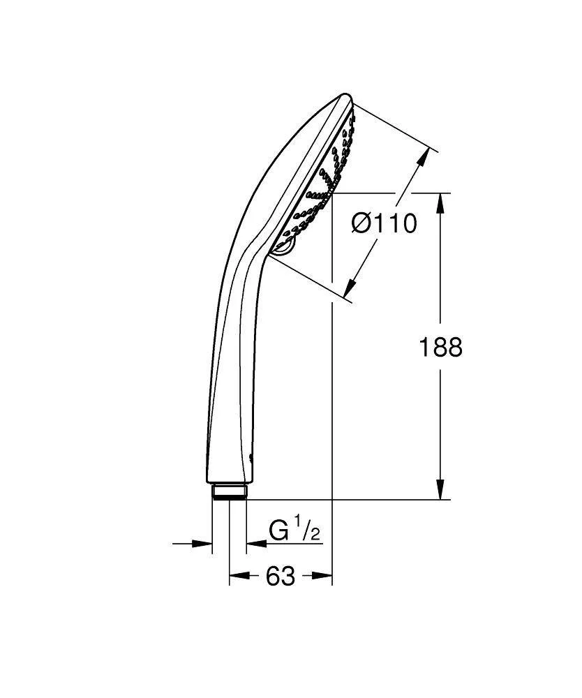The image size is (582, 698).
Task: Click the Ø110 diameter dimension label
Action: pos(384,223)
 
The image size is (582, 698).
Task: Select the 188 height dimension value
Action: pos(440,347)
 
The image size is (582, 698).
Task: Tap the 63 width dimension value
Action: pos(280,577)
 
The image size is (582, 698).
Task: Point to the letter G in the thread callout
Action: pos(279,532)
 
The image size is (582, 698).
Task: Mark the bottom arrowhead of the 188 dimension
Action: pos(440,491)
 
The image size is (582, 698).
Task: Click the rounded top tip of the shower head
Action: pos(344,96)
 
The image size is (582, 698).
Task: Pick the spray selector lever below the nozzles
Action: pos(285,246)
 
